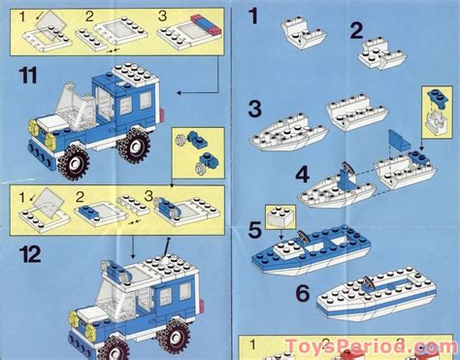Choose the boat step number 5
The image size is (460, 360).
[254, 231]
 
